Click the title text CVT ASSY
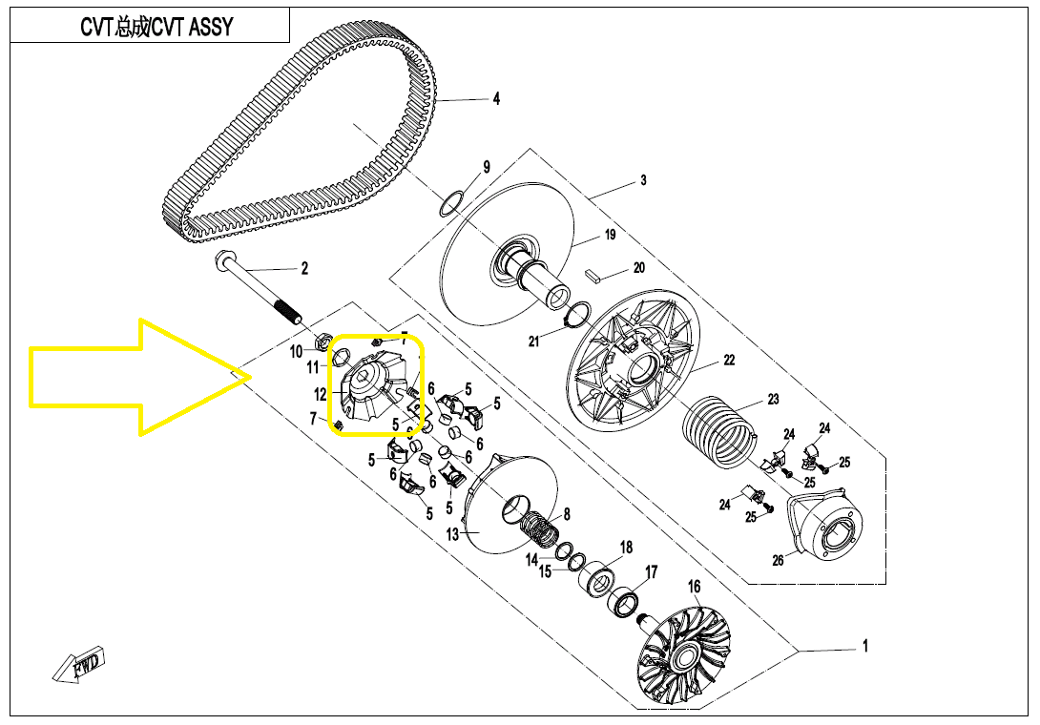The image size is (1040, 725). click(156, 27)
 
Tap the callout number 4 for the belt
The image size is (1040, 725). click(496, 98)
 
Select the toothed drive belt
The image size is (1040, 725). click(286, 143)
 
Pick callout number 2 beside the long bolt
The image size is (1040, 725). click(304, 268)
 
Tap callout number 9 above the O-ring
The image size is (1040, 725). click(486, 168)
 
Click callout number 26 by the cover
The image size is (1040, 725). click(778, 560)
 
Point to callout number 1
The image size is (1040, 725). click(865, 647)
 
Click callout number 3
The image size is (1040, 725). click(643, 180)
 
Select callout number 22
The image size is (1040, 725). click(729, 360)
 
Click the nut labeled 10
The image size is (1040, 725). click(322, 340)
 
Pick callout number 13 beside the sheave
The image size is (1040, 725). click(453, 534)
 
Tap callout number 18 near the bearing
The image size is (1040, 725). click(626, 548)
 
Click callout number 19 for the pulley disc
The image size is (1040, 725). click(610, 235)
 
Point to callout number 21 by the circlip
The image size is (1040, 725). click(534, 341)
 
